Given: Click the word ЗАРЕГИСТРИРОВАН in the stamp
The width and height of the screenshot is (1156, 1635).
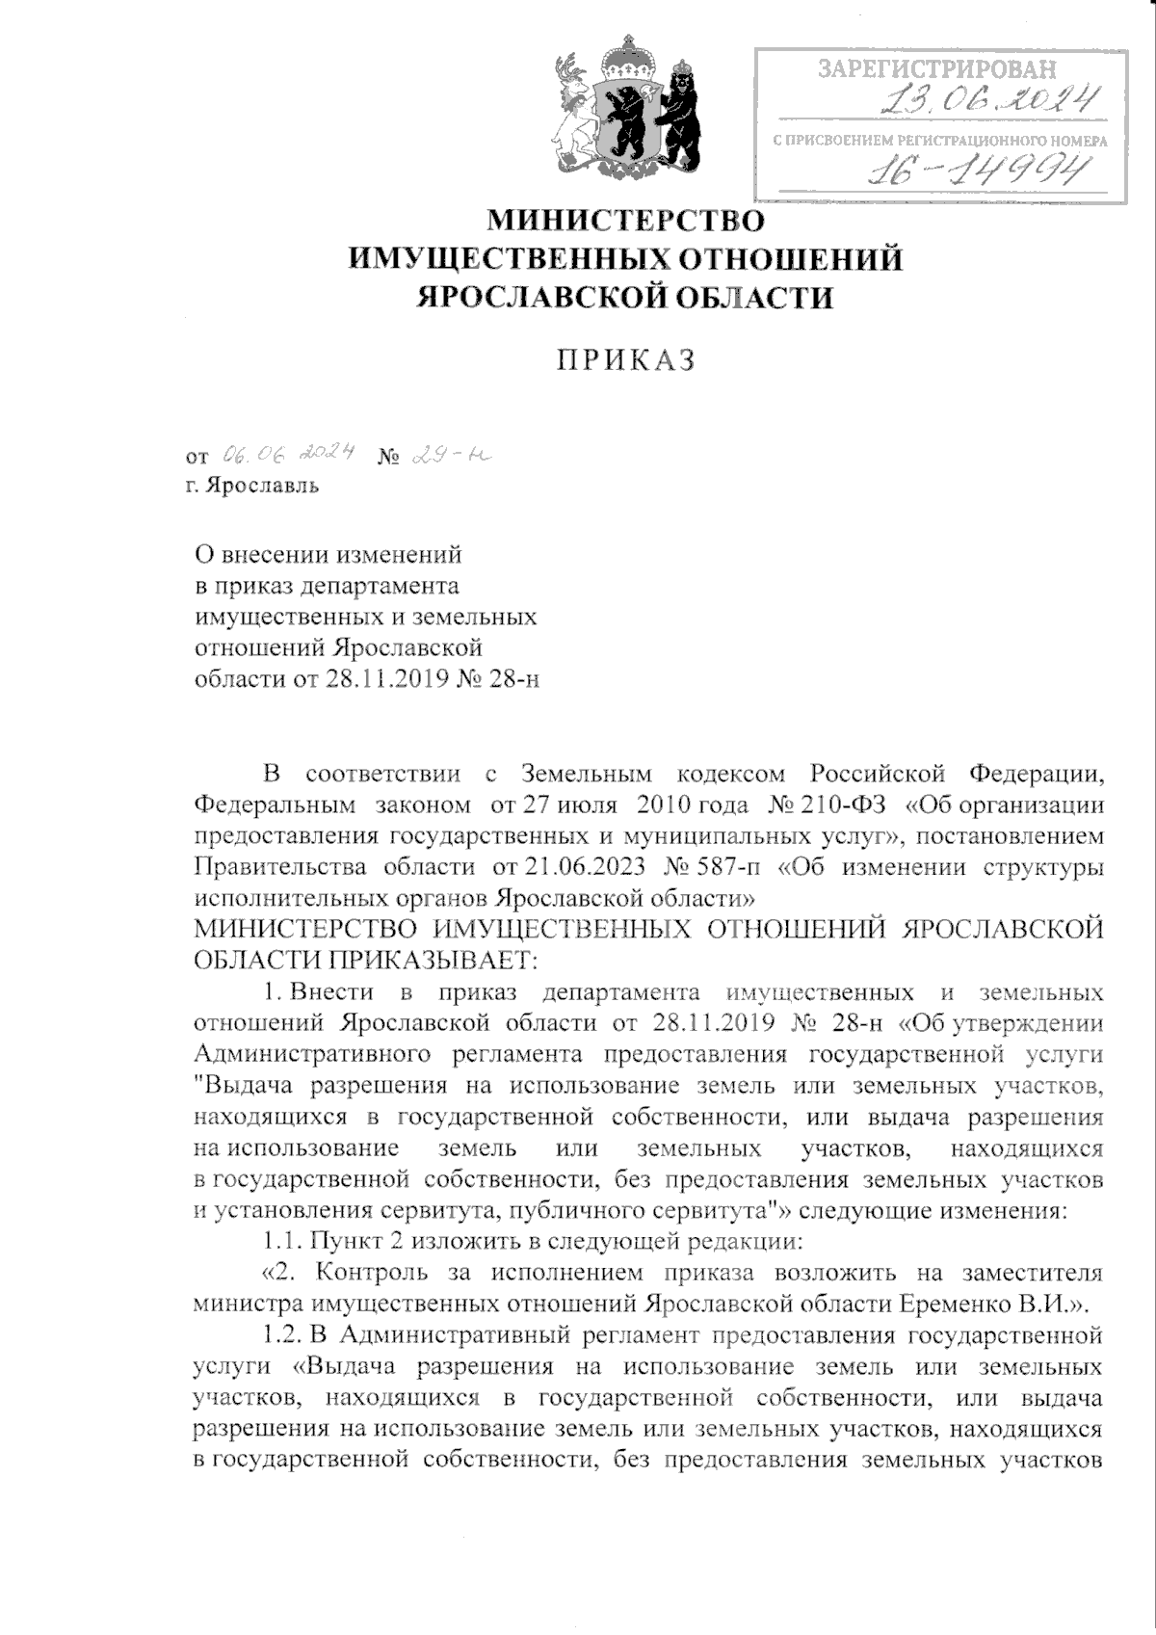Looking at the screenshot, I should [x=936, y=69].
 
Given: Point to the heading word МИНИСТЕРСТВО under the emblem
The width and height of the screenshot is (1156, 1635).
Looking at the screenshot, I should [x=626, y=221].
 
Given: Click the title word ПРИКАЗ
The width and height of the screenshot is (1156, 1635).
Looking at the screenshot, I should [x=626, y=361].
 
